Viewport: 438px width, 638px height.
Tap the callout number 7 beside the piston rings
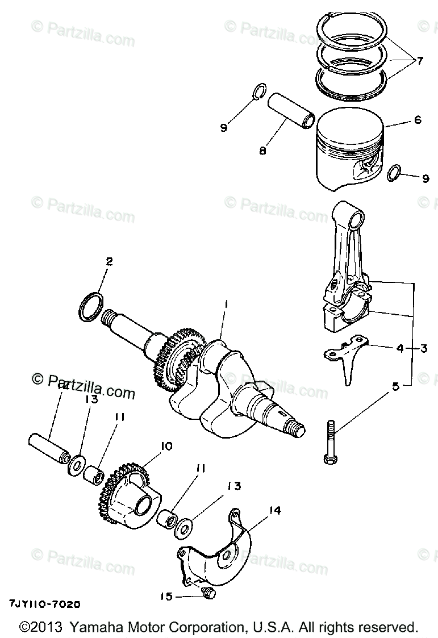point(420,61)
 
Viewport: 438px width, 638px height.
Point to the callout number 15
point(165,596)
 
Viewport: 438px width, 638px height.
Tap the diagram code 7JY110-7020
point(44,604)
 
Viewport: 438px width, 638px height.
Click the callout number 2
point(109,262)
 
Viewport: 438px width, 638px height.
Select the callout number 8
point(263,151)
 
